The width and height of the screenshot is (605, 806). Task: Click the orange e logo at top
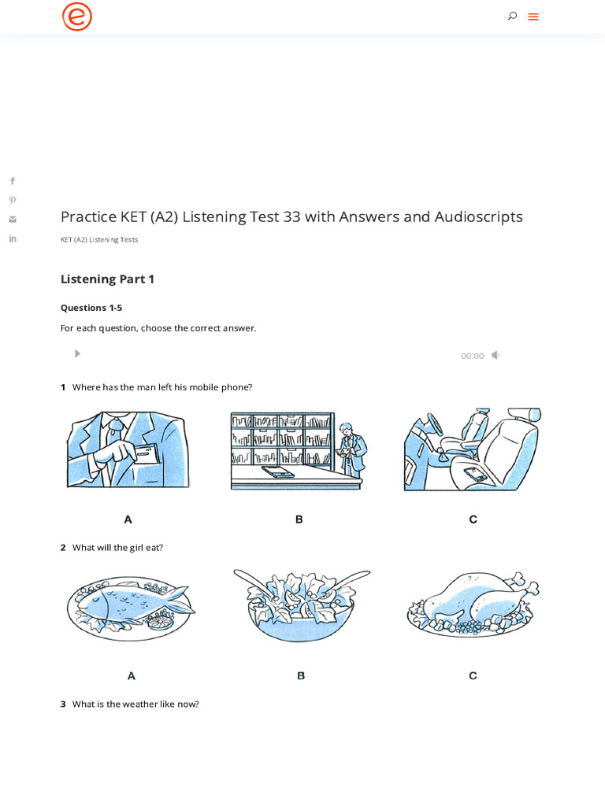point(77,17)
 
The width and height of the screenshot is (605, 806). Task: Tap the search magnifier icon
point(512,16)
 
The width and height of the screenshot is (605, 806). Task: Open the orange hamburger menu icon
point(533,17)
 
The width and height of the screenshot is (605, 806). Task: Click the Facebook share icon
point(13,181)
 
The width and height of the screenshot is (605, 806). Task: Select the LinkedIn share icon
point(13,238)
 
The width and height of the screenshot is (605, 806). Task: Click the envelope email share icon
point(13,220)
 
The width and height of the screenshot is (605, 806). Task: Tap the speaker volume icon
point(496,355)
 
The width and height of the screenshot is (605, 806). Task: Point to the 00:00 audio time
point(472,356)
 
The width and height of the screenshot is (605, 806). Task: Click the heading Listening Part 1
point(107,279)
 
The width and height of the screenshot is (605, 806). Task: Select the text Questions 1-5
point(91,308)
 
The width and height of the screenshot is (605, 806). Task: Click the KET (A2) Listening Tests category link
point(99,239)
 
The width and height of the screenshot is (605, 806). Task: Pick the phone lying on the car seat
point(474,474)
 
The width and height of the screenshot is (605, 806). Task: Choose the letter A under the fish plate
point(132,675)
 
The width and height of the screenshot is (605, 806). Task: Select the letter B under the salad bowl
point(301,675)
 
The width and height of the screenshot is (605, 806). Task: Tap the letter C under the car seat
point(473,519)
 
